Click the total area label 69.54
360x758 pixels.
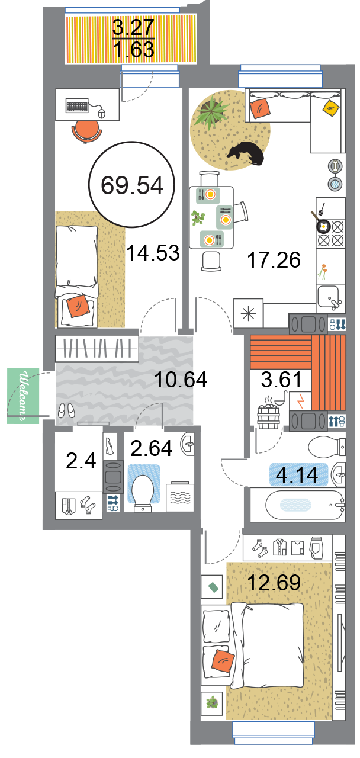pyautogui.click(x=132, y=185)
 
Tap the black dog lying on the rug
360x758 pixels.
pyautogui.click(x=246, y=153)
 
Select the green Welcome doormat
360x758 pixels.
pyautogui.click(x=23, y=396)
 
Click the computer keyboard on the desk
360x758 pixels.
pyautogui.click(x=77, y=105)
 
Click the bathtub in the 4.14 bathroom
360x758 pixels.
pyautogui.click(x=305, y=505)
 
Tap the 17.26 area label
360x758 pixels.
pyautogui.click(x=274, y=260)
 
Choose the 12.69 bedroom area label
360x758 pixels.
pyautogui.click(x=274, y=582)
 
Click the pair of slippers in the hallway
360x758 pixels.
pyautogui.click(x=66, y=410)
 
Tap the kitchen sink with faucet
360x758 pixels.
pyautogui.click(x=329, y=298)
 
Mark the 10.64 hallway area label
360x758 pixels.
pyautogui.click(x=181, y=380)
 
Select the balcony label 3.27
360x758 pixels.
pyautogui.click(x=133, y=27)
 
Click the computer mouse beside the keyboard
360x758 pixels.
pyautogui.click(x=101, y=113)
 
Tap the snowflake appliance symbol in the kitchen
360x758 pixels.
pyautogui.click(x=248, y=313)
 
